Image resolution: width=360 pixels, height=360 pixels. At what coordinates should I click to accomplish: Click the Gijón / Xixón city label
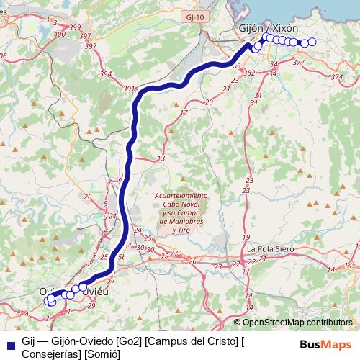point(267,27)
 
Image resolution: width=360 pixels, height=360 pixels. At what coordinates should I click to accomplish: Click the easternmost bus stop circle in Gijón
point(312,42)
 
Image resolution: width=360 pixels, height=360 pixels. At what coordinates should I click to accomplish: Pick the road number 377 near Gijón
point(298,63)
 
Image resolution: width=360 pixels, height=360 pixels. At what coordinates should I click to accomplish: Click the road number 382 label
point(250,73)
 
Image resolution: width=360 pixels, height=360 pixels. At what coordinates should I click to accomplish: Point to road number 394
point(106,74)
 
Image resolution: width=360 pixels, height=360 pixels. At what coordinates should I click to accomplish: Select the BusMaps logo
point(325,343)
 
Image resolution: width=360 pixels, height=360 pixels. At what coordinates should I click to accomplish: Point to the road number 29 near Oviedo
point(91,306)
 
